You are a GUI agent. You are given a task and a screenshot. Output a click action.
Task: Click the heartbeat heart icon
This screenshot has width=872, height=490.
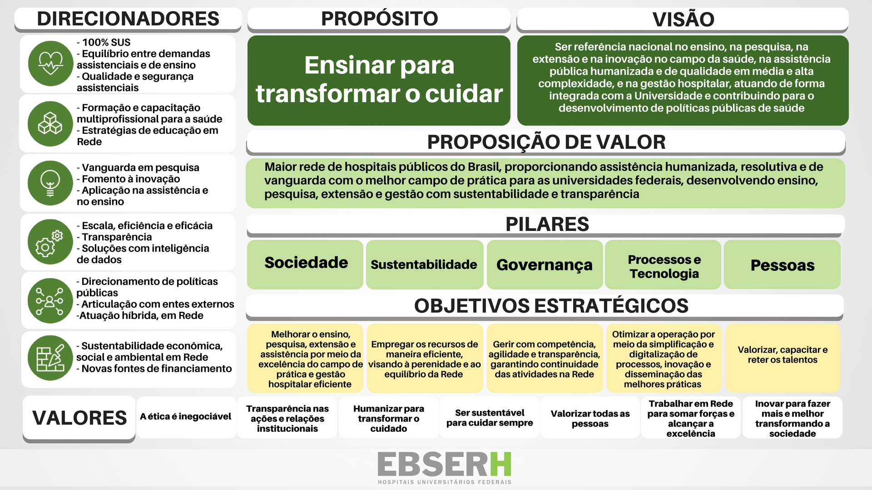(x=50, y=64)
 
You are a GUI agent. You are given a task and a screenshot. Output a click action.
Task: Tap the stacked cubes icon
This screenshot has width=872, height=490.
(x=50, y=123)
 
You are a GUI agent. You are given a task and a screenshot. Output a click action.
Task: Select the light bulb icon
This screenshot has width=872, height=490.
(x=50, y=183)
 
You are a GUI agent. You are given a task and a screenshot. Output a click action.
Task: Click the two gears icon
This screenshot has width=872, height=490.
(x=50, y=242)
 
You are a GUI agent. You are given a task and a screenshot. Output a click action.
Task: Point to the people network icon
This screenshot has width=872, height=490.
(x=50, y=300)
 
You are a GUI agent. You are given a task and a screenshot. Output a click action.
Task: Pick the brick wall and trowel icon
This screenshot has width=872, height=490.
(x=50, y=358)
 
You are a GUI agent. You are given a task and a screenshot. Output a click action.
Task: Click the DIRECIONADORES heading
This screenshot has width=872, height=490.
(x=128, y=19)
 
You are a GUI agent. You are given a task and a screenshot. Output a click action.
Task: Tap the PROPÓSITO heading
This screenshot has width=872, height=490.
(x=379, y=19)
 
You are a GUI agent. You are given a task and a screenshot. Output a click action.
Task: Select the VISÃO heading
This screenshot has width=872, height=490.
(x=683, y=20)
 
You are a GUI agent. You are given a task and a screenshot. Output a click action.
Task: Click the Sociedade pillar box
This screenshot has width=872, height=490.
(x=306, y=265)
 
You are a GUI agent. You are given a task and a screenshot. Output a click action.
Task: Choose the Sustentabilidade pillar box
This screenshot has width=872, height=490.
(x=424, y=265)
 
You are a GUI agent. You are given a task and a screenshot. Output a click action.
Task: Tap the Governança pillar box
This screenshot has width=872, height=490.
(x=545, y=265)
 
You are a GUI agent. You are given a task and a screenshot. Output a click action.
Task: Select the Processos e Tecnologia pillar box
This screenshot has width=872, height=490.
(x=663, y=265)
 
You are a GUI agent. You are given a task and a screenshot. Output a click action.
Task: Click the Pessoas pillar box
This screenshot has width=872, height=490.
(x=782, y=265)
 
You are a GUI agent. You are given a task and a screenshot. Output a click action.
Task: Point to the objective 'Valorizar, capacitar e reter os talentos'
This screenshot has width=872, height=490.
(x=783, y=355)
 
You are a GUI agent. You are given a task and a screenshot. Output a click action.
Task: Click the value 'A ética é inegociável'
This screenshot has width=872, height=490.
(x=185, y=416)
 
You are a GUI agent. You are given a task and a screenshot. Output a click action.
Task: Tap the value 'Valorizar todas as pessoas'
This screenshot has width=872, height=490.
(x=590, y=419)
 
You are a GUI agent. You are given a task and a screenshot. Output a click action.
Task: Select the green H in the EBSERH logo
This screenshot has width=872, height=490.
(x=500, y=464)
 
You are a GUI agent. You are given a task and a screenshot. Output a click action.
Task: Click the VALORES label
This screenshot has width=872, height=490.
(x=79, y=418)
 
